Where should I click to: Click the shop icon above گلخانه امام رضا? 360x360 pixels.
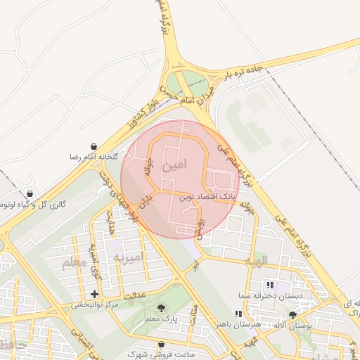(94, 146)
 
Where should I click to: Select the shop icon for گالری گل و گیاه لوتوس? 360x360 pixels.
(30, 193)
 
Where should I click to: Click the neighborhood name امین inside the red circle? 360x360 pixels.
(175, 167)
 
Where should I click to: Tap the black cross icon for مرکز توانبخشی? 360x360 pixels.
(95, 293)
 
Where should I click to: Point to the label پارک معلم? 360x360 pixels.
(162, 319)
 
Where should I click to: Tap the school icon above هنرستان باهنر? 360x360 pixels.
(237, 314)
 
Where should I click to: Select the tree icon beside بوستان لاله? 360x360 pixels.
(293, 314)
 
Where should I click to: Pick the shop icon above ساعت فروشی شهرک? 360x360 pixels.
(163, 345)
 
